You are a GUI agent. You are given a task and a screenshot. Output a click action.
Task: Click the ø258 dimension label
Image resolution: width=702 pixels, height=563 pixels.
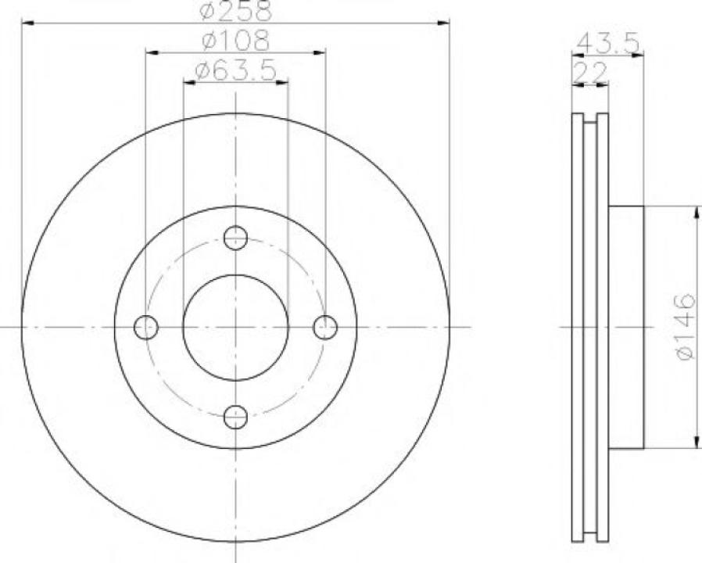[235, 11]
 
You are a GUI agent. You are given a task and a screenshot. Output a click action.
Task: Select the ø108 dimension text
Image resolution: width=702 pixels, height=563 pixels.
[235, 40]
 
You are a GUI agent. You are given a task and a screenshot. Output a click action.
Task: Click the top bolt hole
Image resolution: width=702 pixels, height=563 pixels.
[235, 237]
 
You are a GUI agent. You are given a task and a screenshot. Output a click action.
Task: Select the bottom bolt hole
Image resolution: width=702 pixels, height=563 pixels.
[235, 417]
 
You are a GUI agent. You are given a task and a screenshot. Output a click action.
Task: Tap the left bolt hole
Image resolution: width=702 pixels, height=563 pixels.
[146, 327]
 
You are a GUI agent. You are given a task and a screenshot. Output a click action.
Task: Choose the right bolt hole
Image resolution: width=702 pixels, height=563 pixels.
[325, 327]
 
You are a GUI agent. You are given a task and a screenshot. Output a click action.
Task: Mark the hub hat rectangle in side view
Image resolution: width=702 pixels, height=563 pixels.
[625, 327]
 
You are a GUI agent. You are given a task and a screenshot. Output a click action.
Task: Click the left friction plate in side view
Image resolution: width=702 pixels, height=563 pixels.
[578, 327]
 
